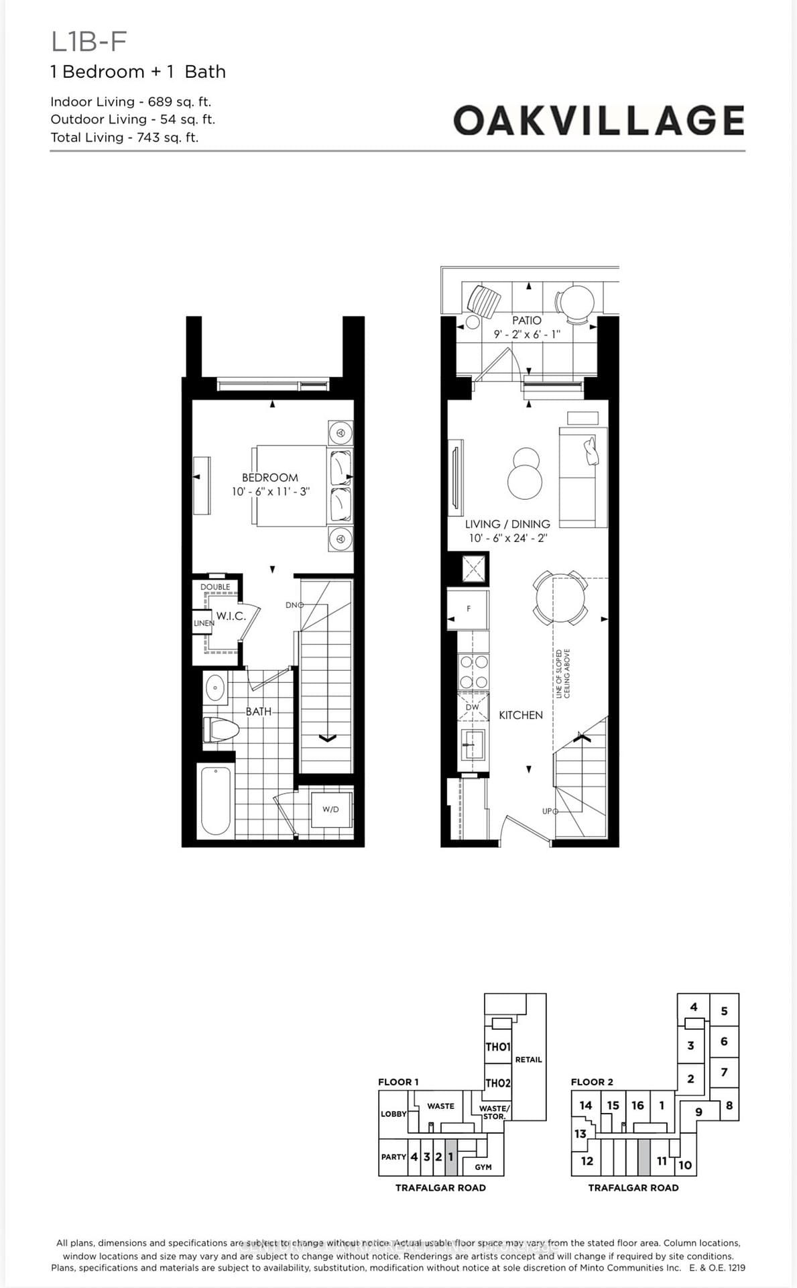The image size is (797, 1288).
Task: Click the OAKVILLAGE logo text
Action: (x=599, y=121)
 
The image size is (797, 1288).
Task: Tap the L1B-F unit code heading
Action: (x=88, y=42)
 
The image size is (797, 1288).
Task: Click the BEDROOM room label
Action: (x=269, y=478)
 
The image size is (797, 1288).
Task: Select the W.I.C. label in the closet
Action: (x=231, y=616)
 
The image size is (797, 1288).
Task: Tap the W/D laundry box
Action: (x=330, y=809)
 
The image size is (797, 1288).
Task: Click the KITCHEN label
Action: (x=520, y=715)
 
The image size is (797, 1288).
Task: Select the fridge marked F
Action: (x=469, y=609)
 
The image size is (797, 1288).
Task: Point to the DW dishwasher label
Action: (x=472, y=707)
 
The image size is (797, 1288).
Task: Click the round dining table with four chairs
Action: (x=560, y=597)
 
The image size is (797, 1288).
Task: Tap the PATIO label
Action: (x=526, y=321)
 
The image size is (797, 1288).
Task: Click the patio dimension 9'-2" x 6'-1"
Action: (x=526, y=334)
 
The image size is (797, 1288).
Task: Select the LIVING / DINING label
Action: (x=507, y=524)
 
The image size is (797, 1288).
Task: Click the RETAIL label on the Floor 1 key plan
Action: (x=528, y=1059)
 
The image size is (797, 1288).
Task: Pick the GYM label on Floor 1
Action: (x=483, y=1167)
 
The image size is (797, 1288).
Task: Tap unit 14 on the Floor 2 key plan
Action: (x=585, y=1105)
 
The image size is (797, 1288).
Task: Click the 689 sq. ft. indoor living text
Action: (x=179, y=102)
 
